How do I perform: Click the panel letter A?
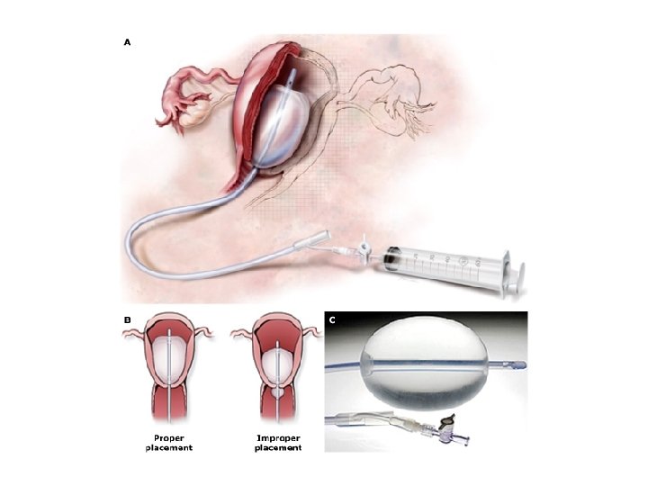point(127,42)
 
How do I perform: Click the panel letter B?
point(127,319)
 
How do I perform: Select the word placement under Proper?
point(169,448)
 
